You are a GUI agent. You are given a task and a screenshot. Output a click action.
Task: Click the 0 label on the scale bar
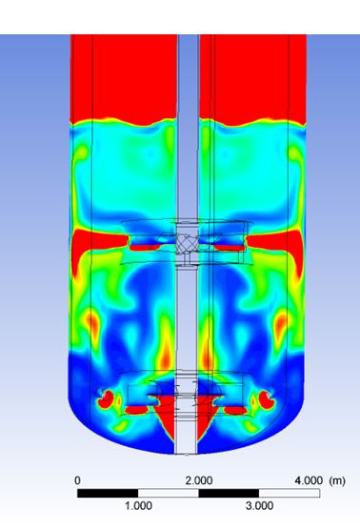click(77, 480)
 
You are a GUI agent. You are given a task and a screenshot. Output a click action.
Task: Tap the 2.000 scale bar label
click(199, 480)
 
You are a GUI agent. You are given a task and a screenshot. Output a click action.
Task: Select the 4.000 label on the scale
click(309, 480)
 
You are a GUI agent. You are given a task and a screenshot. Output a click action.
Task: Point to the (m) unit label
click(337, 480)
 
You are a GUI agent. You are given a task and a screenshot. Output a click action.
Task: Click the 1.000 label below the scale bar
click(138, 506)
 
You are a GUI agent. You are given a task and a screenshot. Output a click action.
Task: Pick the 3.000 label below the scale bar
click(260, 506)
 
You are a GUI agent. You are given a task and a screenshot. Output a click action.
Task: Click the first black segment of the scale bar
click(108, 493)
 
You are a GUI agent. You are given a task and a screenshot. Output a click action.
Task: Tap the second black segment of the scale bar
click(229, 493)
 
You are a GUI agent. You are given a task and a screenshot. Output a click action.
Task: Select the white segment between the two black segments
click(169, 493)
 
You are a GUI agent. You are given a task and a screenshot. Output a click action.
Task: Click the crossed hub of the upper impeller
click(186, 242)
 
